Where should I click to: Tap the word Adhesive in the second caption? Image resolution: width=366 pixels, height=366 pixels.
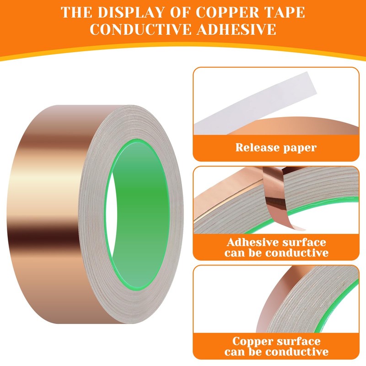[x=252, y=242]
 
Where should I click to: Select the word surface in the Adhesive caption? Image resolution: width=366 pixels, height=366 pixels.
[x=305, y=242]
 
